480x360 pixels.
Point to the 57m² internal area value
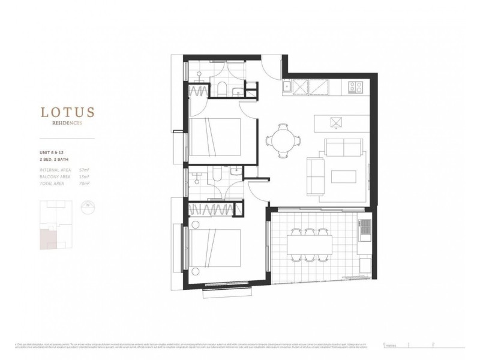click(84, 170)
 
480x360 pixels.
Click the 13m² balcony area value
click(84, 177)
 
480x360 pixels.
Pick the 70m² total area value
click(84, 184)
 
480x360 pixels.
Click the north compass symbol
click(89, 206)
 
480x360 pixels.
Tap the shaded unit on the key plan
click(47, 238)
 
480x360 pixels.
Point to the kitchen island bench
click(338, 122)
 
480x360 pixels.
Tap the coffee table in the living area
click(344, 178)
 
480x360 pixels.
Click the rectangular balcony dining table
click(309, 244)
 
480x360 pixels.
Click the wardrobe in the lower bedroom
click(211, 210)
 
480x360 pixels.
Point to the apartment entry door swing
click(273, 64)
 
